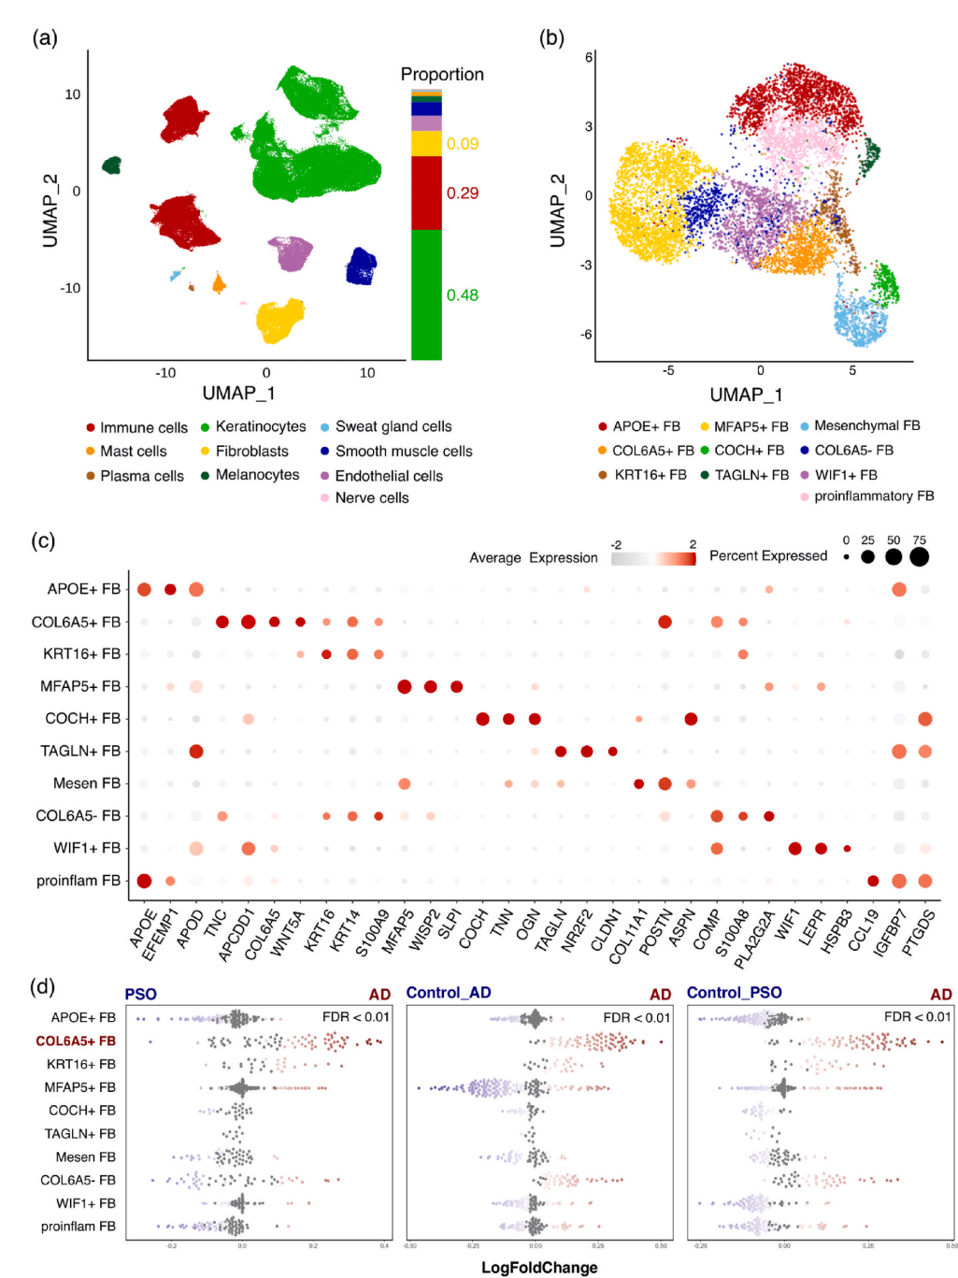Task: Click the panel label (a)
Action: tap(45, 38)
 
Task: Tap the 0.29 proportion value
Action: tap(462, 194)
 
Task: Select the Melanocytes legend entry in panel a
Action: tap(250, 475)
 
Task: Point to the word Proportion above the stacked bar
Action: tap(442, 75)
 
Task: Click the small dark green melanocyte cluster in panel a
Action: tap(112, 165)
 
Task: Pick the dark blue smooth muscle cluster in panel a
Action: tap(361, 266)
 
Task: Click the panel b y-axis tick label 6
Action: tap(589, 58)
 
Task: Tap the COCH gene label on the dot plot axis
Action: tap(474, 928)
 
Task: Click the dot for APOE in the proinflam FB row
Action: tap(144, 881)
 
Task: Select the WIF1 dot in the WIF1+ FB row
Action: tap(794, 849)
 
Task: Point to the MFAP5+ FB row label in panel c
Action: tap(80, 686)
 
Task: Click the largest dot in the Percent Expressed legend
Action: tap(920, 557)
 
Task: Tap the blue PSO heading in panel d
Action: tap(140, 994)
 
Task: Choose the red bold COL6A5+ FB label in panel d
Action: tap(76, 1041)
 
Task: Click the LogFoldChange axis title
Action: tap(539, 1268)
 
